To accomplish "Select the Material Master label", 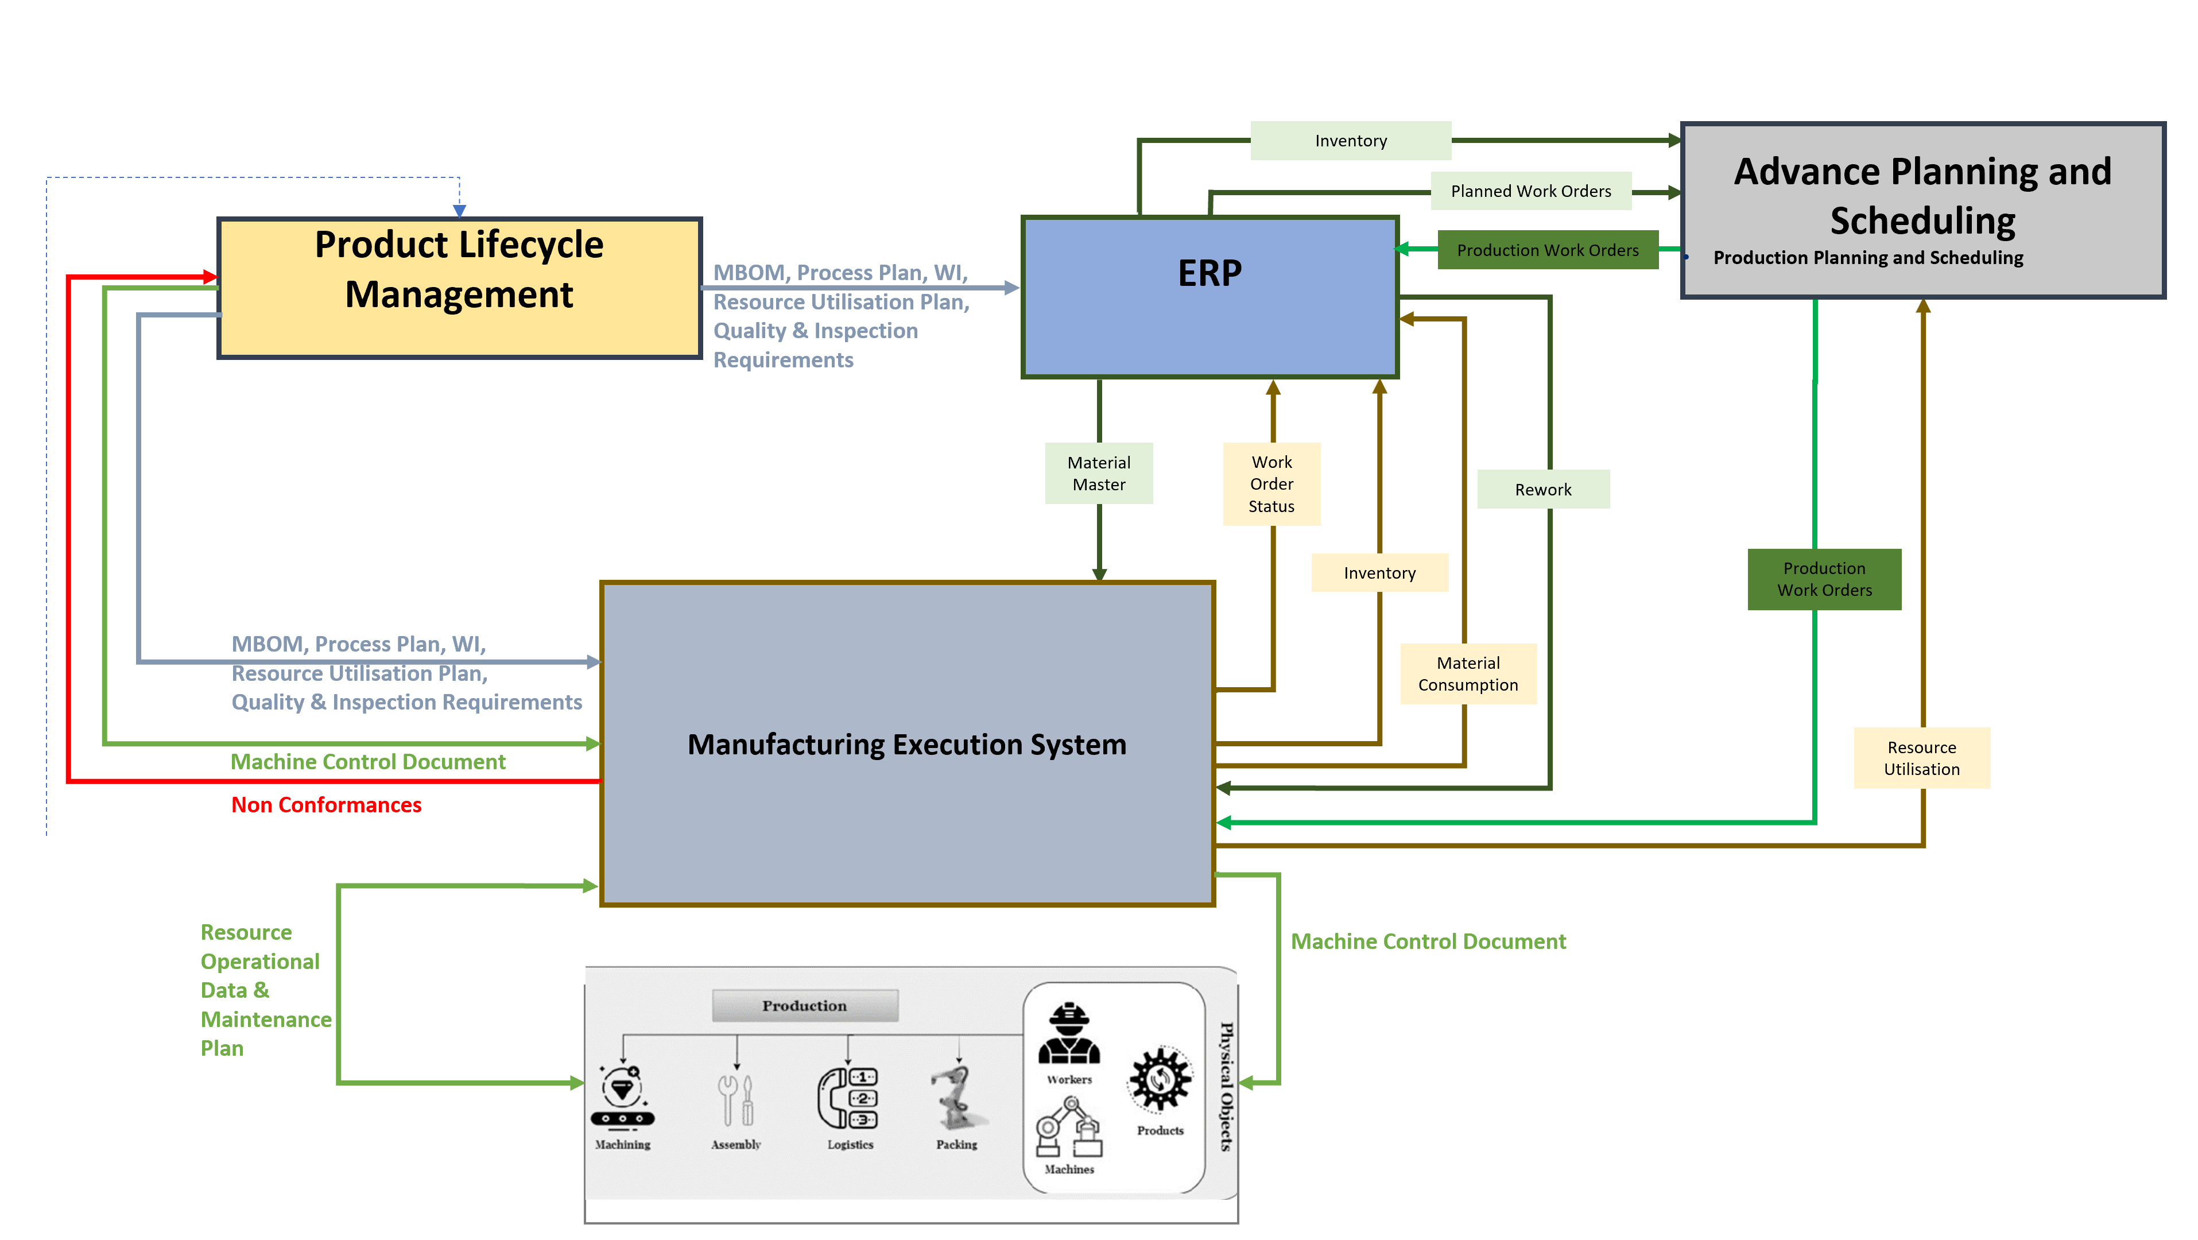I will [1098, 473].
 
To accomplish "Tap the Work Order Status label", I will [1271, 484].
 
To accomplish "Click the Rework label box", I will [1542, 489].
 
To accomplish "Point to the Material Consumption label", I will [1468, 673].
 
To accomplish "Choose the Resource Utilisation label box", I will [1921, 758].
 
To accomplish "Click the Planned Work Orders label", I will [1531, 191].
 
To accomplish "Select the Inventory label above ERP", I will [1351, 141].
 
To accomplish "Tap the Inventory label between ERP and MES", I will [1379, 572].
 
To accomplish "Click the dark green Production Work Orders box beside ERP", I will [1547, 250].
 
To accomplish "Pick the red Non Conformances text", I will [326, 805].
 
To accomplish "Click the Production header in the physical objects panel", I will [805, 1005].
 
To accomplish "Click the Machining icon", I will [622, 1096].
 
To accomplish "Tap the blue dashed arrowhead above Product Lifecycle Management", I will [459, 210].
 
